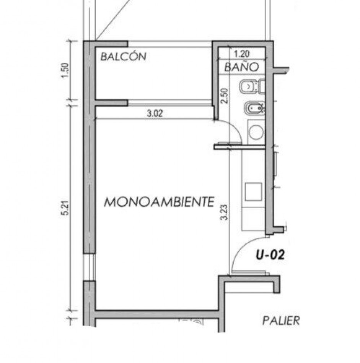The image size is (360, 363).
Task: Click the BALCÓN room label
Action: (123, 57)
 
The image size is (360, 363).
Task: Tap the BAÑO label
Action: (241, 68)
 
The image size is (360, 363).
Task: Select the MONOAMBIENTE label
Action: (159, 202)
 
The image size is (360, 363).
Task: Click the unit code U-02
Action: (270, 255)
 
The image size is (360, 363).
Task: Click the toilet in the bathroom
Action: (251, 87)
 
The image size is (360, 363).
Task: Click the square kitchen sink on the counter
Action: (253, 191)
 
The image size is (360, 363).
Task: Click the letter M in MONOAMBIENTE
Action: (111, 202)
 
